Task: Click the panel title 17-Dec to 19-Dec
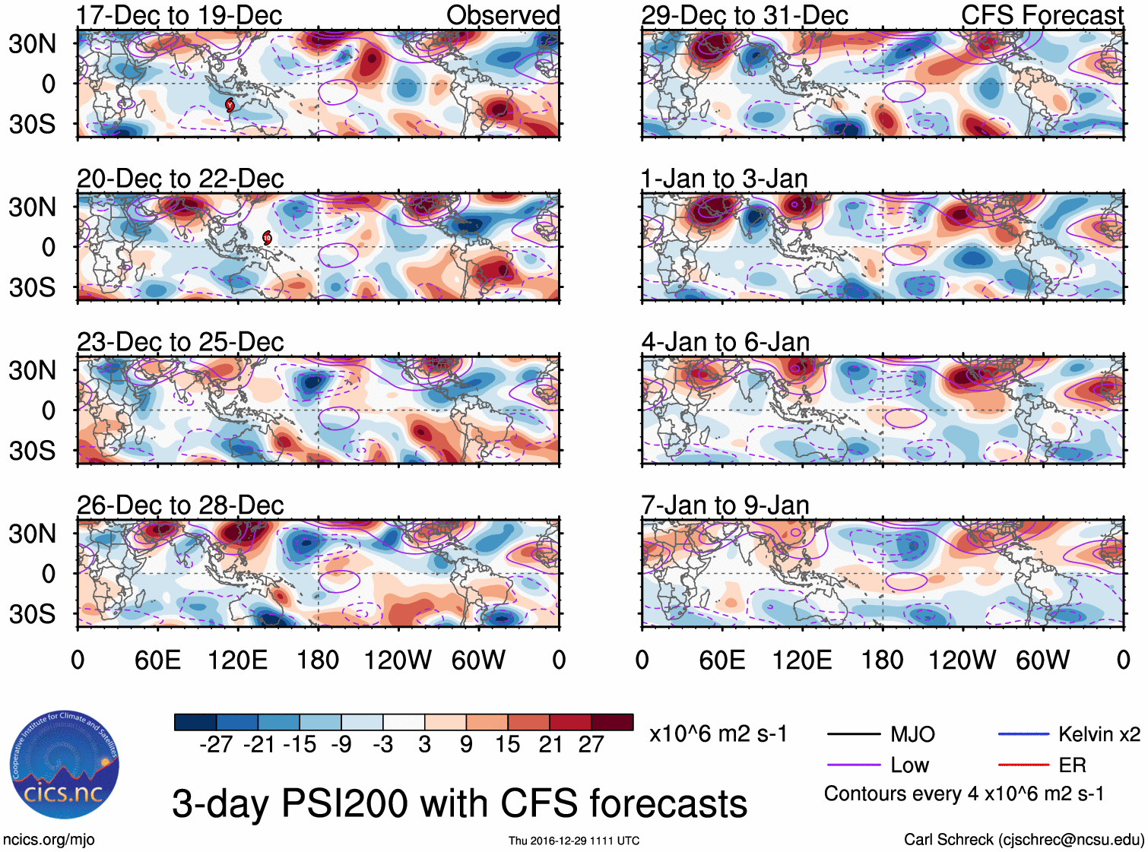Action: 179,15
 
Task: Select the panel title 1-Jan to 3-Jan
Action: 724,179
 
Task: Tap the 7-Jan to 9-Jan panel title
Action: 725,505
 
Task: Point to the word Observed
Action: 503,15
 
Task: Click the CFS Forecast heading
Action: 1042,15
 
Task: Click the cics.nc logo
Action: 64,766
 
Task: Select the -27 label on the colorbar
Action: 216,744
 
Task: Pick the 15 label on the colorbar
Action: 508,744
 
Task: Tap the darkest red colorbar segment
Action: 612,722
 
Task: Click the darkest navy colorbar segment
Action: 195,722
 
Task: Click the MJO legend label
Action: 912,734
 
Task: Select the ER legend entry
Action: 1072,765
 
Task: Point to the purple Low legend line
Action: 853,765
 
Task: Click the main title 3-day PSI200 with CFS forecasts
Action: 459,803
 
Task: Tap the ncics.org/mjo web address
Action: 49,839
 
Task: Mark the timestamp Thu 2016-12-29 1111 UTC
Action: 574,841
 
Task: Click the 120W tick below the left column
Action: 398,660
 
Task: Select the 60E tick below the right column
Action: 722,660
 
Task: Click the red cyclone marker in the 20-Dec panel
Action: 267,238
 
